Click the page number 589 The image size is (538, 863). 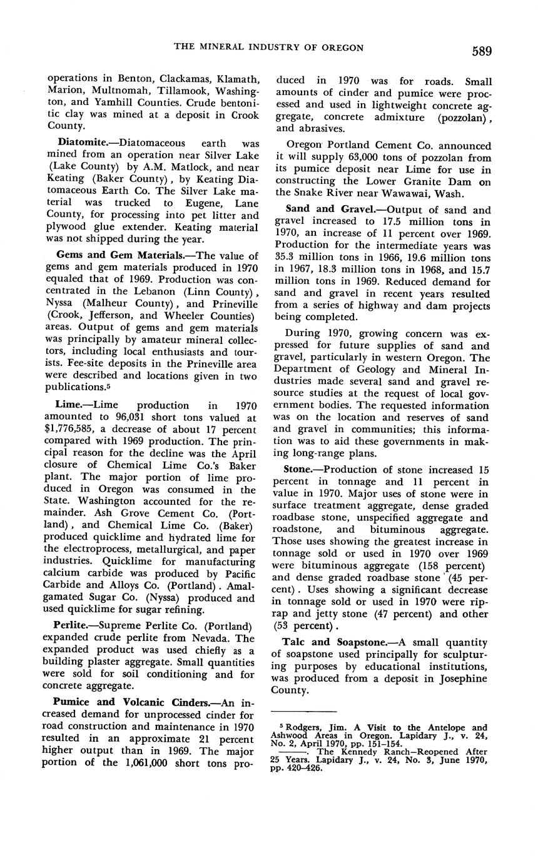pyautogui.click(x=477, y=51)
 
